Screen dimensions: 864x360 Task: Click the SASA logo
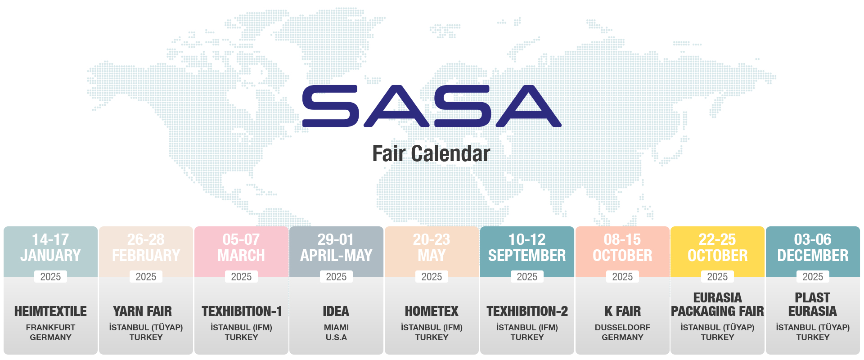click(x=432, y=106)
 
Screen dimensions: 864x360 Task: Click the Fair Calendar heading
click(x=431, y=153)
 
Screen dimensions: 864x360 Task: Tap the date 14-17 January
click(x=50, y=247)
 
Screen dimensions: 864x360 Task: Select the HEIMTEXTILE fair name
click(x=50, y=311)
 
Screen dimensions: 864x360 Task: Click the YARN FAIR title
click(x=142, y=311)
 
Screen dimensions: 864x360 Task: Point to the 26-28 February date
click(x=146, y=247)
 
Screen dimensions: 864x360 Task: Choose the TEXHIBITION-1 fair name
click(x=242, y=311)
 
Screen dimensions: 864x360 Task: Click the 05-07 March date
click(x=241, y=247)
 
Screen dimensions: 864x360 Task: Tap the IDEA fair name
click(x=336, y=311)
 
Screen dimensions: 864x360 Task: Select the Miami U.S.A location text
click(x=336, y=333)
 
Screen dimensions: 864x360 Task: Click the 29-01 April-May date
click(x=336, y=247)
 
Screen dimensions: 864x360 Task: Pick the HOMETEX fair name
click(x=432, y=311)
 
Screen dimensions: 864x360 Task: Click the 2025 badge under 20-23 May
click(x=432, y=277)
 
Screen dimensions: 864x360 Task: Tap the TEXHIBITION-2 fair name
click(x=527, y=311)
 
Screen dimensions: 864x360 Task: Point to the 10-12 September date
click(x=527, y=247)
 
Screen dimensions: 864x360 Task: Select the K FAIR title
click(x=622, y=311)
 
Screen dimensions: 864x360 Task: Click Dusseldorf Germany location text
click(x=622, y=333)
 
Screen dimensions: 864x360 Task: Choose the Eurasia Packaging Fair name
click(x=717, y=304)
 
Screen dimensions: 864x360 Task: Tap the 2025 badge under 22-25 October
click(x=717, y=277)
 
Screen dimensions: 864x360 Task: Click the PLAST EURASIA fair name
click(x=812, y=304)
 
